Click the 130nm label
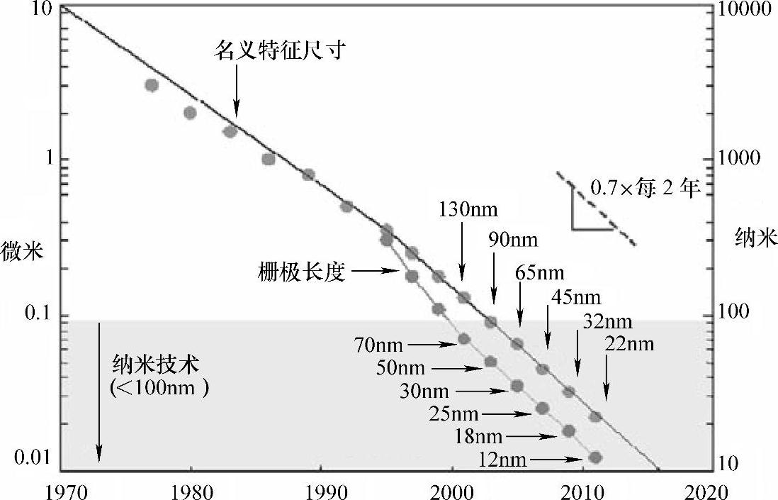pos(469,210)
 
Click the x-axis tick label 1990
pos(320,491)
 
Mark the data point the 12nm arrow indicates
pos(594,457)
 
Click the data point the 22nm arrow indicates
pos(595,416)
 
